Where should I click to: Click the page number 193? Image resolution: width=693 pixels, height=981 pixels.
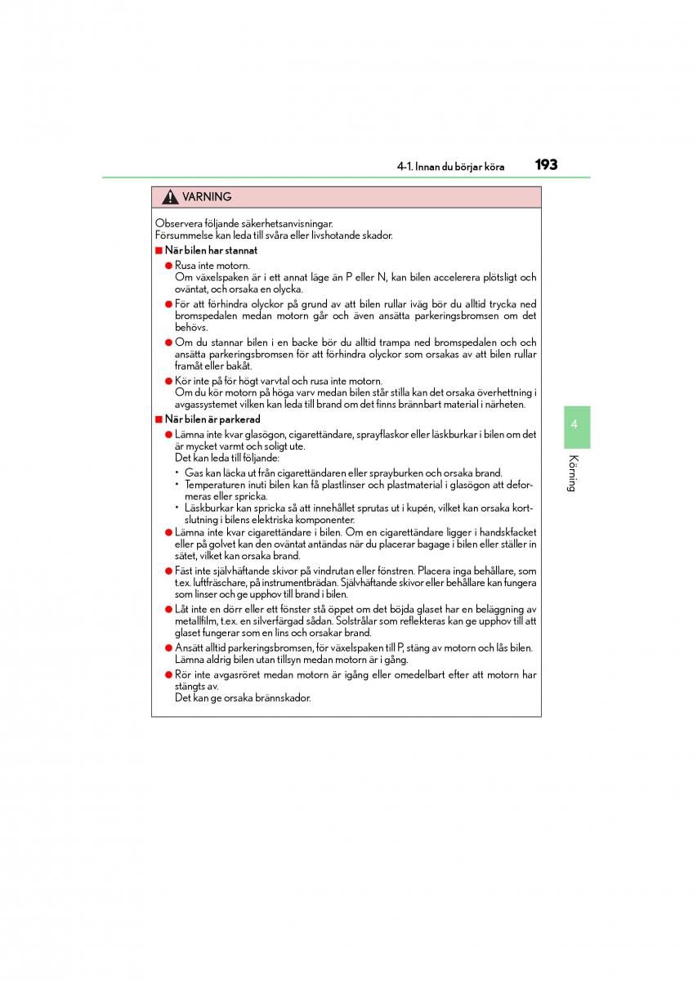click(546, 165)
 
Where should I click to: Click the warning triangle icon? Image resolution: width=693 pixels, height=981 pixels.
click(170, 197)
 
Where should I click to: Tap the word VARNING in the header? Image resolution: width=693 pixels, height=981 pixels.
click(207, 197)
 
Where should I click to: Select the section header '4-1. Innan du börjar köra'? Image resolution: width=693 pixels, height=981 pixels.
click(450, 167)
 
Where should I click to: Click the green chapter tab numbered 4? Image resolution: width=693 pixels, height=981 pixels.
click(575, 425)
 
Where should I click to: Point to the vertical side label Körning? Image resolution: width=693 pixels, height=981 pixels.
click(575, 473)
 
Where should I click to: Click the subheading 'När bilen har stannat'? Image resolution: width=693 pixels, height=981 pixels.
click(211, 251)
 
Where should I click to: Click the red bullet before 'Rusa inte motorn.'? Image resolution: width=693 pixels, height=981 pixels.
click(168, 266)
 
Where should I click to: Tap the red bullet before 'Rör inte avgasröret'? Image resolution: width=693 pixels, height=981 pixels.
click(168, 675)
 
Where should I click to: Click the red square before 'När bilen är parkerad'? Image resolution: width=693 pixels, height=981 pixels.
click(159, 419)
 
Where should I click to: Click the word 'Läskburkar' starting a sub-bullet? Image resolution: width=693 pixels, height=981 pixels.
click(208, 508)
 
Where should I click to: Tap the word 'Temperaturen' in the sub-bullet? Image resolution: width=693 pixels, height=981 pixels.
click(215, 485)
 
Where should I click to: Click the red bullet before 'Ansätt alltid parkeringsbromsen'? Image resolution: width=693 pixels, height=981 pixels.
click(168, 648)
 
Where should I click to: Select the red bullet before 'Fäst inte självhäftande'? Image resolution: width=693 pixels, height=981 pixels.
click(168, 571)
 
